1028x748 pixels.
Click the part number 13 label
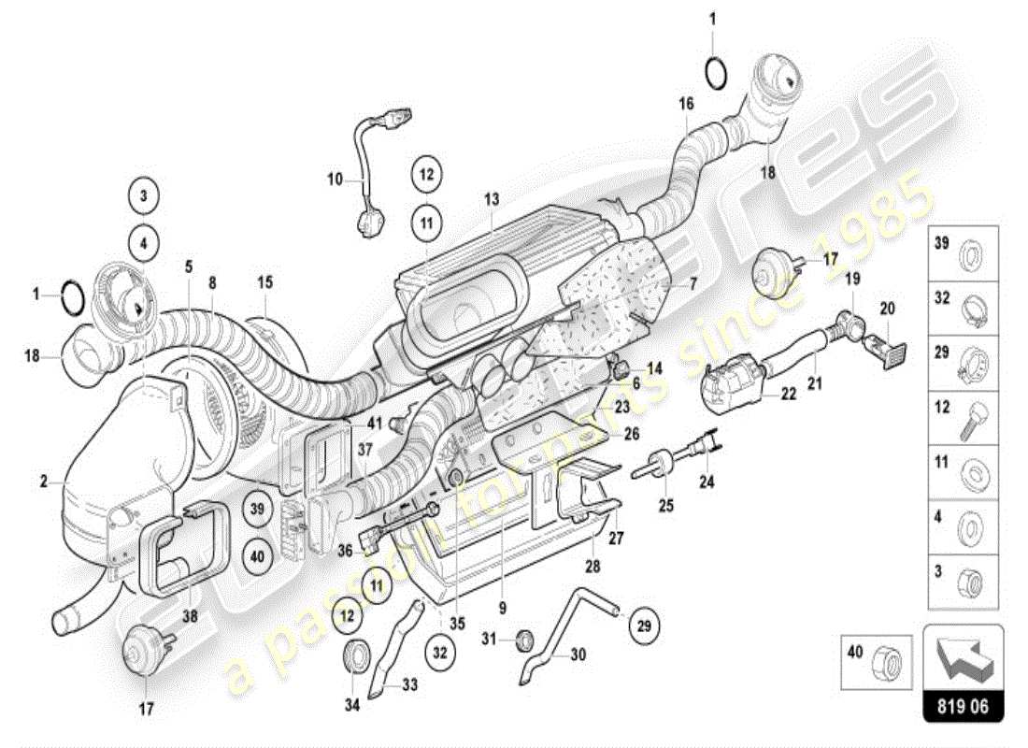click(x=492, y=198)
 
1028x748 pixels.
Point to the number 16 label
click(x=687, y=103)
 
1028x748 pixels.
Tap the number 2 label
click(x=44, y=482)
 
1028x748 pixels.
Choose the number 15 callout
click(x=265, y=280)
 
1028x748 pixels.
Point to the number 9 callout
click(x=503, y=608)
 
